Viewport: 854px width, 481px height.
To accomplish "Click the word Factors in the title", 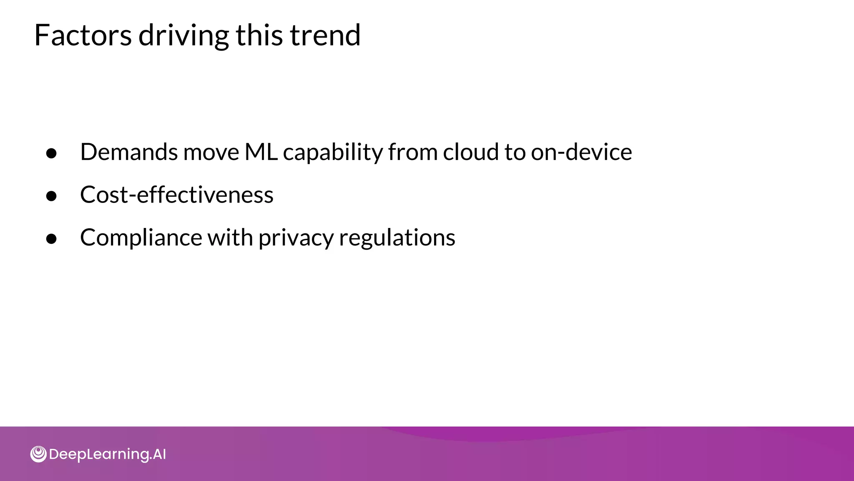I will point(83,35).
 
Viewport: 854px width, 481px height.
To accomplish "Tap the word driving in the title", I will point(183,36).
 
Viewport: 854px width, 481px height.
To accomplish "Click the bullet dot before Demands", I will point(52,153).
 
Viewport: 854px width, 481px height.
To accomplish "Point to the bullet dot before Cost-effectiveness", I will point(52,195).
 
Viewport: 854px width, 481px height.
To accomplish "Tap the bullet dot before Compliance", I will point(52,238).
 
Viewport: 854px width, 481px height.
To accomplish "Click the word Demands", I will point(129,152).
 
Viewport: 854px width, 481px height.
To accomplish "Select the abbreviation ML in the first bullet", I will point(261,152).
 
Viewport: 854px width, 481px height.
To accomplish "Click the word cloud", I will point(471,152).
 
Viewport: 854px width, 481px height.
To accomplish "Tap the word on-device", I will point(581,152).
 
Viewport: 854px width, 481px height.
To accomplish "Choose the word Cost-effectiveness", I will point(177,195).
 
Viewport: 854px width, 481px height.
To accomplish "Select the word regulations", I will point(397,238).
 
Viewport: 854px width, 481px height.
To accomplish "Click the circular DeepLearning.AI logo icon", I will point(38,454).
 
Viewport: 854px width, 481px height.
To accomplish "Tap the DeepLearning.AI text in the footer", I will point(107,454).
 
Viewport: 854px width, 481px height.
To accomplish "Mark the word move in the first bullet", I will point(211,152).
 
